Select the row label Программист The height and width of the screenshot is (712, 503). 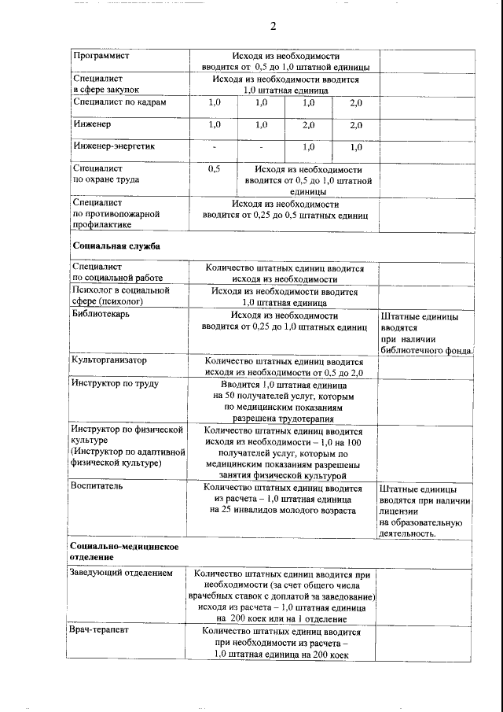tap(101, 57)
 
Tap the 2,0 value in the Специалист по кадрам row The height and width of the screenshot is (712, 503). tap(356, 103)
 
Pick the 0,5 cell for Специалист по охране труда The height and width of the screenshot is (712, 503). tap(214, 169)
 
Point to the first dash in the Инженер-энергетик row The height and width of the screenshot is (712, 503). tap(214, 147)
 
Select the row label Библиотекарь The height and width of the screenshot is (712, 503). tap(101, 315)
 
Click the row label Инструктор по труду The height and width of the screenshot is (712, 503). tap(115, 384)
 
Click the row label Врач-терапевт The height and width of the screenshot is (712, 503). tap(100, 631)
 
